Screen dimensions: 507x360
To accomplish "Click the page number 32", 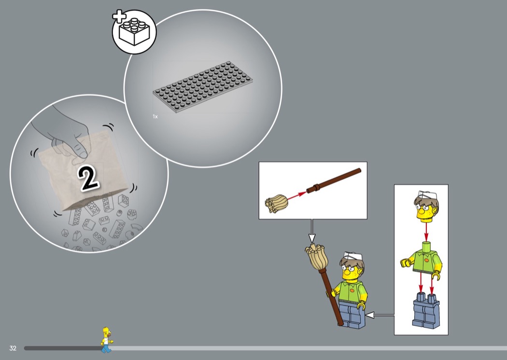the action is click(13, 348).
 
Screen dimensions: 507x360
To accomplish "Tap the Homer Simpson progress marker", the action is click(107, 340).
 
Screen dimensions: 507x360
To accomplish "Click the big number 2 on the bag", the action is click(88, 178).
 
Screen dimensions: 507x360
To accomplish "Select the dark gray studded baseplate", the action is click(203, 87).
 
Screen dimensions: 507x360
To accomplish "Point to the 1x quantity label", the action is click(155, 116).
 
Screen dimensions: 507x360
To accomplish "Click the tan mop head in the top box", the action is click(277, 204).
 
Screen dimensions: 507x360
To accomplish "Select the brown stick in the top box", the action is click(334, 180).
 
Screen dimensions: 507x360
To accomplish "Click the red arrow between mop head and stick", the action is click(297, 196).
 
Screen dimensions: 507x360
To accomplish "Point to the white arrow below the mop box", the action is click(312, 231).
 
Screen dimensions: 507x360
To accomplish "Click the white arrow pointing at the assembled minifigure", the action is click(380, 315).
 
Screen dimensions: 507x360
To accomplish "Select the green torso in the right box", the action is click(422, 260).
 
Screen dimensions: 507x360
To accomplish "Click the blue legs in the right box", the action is click(426, 310).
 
